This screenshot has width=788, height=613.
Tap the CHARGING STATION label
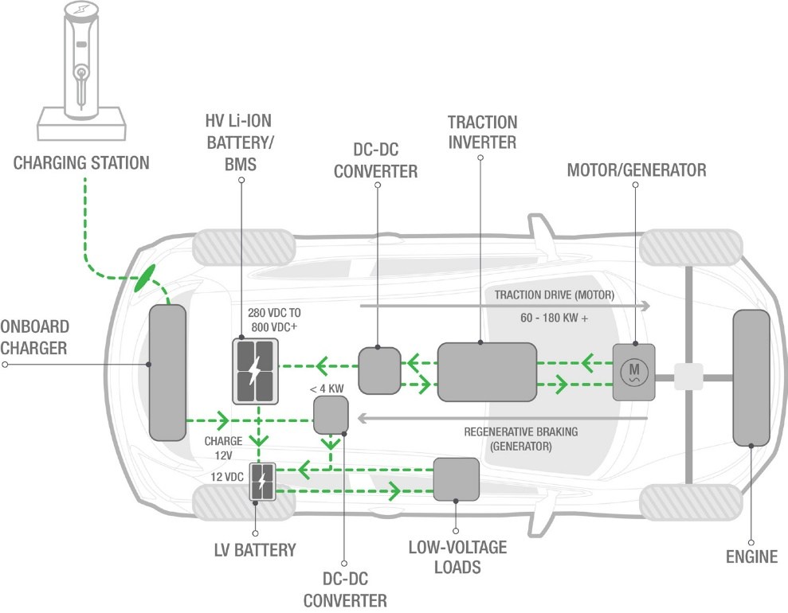pos(81,163)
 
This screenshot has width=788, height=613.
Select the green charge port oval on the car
pos(144,278)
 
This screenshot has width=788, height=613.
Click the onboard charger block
pos(167,373)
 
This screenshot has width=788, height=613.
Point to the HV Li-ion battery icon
pos(254,371)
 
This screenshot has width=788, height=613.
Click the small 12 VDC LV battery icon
pos(263,481)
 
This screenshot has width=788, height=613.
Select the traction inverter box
pos(486,372)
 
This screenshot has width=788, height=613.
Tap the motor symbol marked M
pos(634,371)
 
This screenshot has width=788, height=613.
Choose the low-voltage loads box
pos(456,479)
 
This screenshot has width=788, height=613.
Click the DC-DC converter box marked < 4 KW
pos(331,414)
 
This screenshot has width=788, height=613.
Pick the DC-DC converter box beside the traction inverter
pos(378,370)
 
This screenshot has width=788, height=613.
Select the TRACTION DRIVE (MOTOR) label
pos(555,295)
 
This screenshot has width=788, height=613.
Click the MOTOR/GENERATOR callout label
pos(636,170)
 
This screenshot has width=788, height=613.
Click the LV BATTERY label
pos(256,549)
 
